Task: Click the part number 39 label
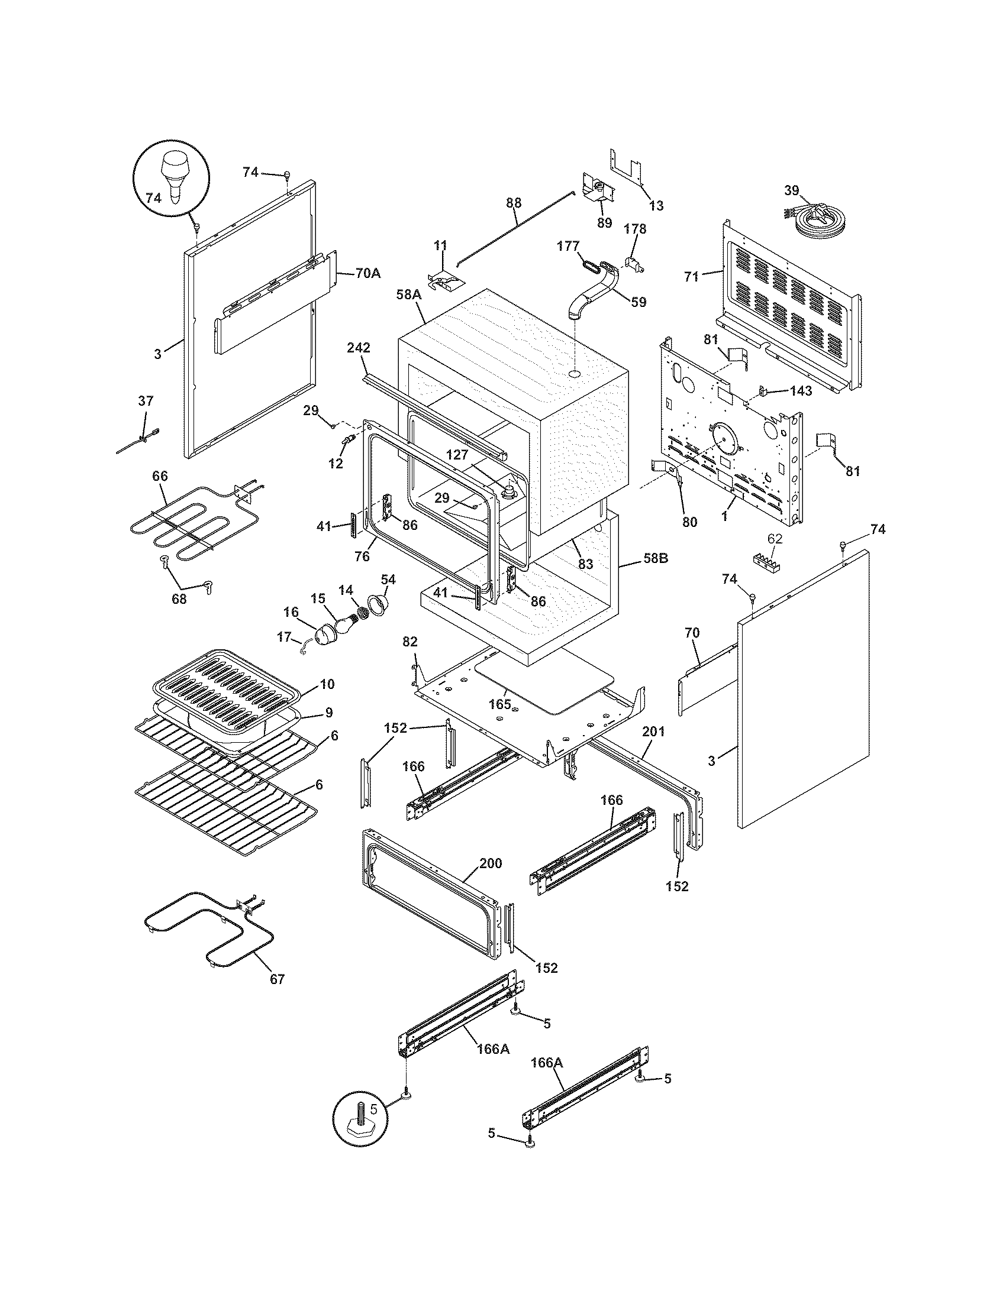791,190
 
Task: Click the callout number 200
490,863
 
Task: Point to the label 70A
367,273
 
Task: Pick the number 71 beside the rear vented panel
691,276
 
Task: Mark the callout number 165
499,704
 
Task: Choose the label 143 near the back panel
801,391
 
